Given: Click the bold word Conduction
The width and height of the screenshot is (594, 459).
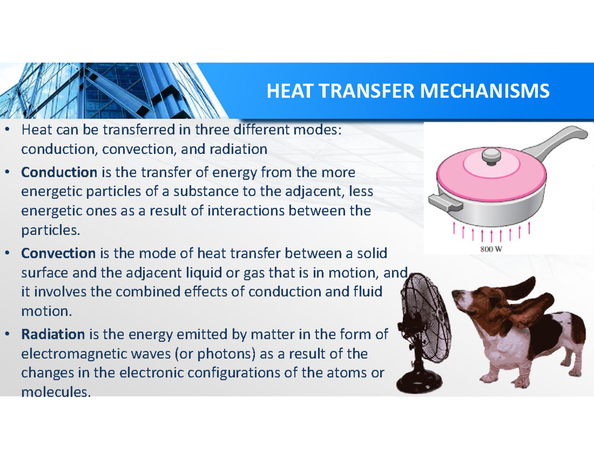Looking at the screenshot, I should pyautogui.click(x=59, y=173).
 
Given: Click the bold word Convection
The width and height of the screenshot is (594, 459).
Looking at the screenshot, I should pyautogui.click(x=58, y=254).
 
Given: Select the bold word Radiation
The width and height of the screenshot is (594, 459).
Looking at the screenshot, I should pyautogui.click(x=53, y=335).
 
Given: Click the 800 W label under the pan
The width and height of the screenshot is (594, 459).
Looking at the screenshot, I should pyautogui.click(x=491, y=249).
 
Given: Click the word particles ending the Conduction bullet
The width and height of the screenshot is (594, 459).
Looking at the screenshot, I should pyautogui.click(x=49, y=230).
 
